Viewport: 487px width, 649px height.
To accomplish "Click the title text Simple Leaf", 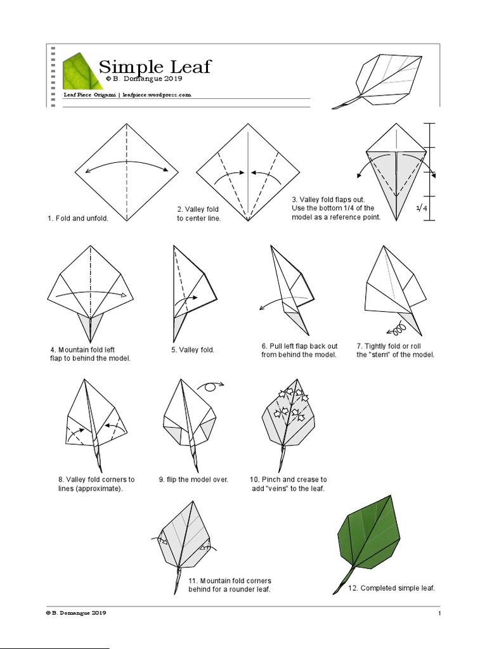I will (x=155, y=67).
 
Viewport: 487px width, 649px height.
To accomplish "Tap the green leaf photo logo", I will (x=81, y=70).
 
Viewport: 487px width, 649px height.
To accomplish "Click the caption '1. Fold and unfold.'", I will (x=78, y=219).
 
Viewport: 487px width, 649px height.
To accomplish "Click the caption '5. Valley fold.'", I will (x=193, y=349).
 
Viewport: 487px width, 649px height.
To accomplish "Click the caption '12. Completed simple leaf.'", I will (x=392, y=588).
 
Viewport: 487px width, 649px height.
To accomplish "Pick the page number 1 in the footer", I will (x=438, y=614).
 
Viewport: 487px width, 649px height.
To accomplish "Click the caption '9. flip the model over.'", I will (x=193, y=480).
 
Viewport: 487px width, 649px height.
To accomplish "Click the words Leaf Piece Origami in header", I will (x=89, y=94).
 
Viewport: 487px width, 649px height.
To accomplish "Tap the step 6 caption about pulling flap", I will (x=299, y=350).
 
